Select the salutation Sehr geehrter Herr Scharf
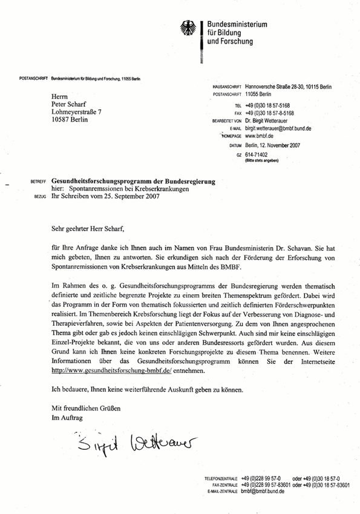tap(90, 229)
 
